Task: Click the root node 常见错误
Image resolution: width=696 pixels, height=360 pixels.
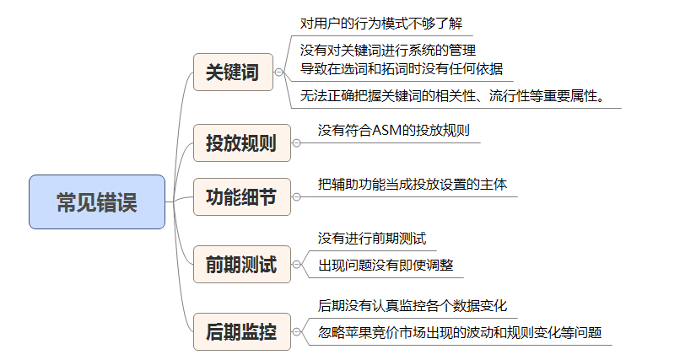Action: tap(97, 201)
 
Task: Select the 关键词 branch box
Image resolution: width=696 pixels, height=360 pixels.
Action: tap(233, 73)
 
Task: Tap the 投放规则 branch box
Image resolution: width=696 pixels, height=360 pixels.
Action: tap(242, 142)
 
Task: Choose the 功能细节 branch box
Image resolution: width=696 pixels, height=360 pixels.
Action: tap(242, 196)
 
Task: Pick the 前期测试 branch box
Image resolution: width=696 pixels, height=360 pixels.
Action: tap(242, 264)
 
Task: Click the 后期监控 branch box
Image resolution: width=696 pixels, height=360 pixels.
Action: tap(242, 331)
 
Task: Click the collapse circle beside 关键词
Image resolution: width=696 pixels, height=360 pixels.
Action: tap(278, 73)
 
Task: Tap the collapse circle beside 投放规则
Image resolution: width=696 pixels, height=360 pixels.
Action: tap(296, 142)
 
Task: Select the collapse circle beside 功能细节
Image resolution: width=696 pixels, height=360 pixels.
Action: tap(296, 196)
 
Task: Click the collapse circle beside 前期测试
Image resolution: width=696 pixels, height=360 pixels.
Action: tap(296, 264)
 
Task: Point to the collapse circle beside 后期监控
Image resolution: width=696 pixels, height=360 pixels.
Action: tap(296, 331)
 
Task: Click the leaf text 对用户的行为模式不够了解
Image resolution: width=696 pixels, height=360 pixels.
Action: tap(381, 24)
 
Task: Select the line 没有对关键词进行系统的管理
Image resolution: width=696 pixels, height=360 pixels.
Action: tap(388, 50)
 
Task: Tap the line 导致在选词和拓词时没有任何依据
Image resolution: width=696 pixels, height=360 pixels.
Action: tap(402, 69)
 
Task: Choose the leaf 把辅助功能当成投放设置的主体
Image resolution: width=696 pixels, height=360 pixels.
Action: tap(413, 185)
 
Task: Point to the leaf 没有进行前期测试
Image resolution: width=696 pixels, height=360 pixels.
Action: tap(372, 239)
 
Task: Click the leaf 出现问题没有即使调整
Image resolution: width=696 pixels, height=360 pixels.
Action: tap(386, 265)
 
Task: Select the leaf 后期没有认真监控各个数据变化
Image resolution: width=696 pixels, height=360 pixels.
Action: tap(413, 306)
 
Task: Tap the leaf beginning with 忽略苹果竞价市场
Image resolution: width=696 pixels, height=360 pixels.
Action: tap(460, 332)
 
